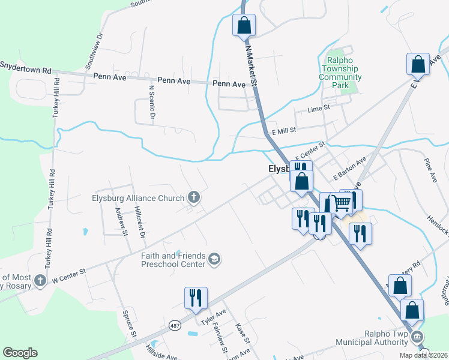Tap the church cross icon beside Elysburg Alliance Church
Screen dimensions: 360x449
coord(194,196)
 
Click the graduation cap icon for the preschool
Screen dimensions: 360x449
coord(214,259)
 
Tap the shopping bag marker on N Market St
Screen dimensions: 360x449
coord(244,26)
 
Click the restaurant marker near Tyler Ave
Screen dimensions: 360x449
coord(196,298)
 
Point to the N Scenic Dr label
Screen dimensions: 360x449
coord(151,101)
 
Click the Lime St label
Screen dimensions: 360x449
coord(319,109)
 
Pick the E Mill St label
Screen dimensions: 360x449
coord(285,131)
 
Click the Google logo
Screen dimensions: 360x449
coord(20,353)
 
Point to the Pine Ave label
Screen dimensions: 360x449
coord(431,171)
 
